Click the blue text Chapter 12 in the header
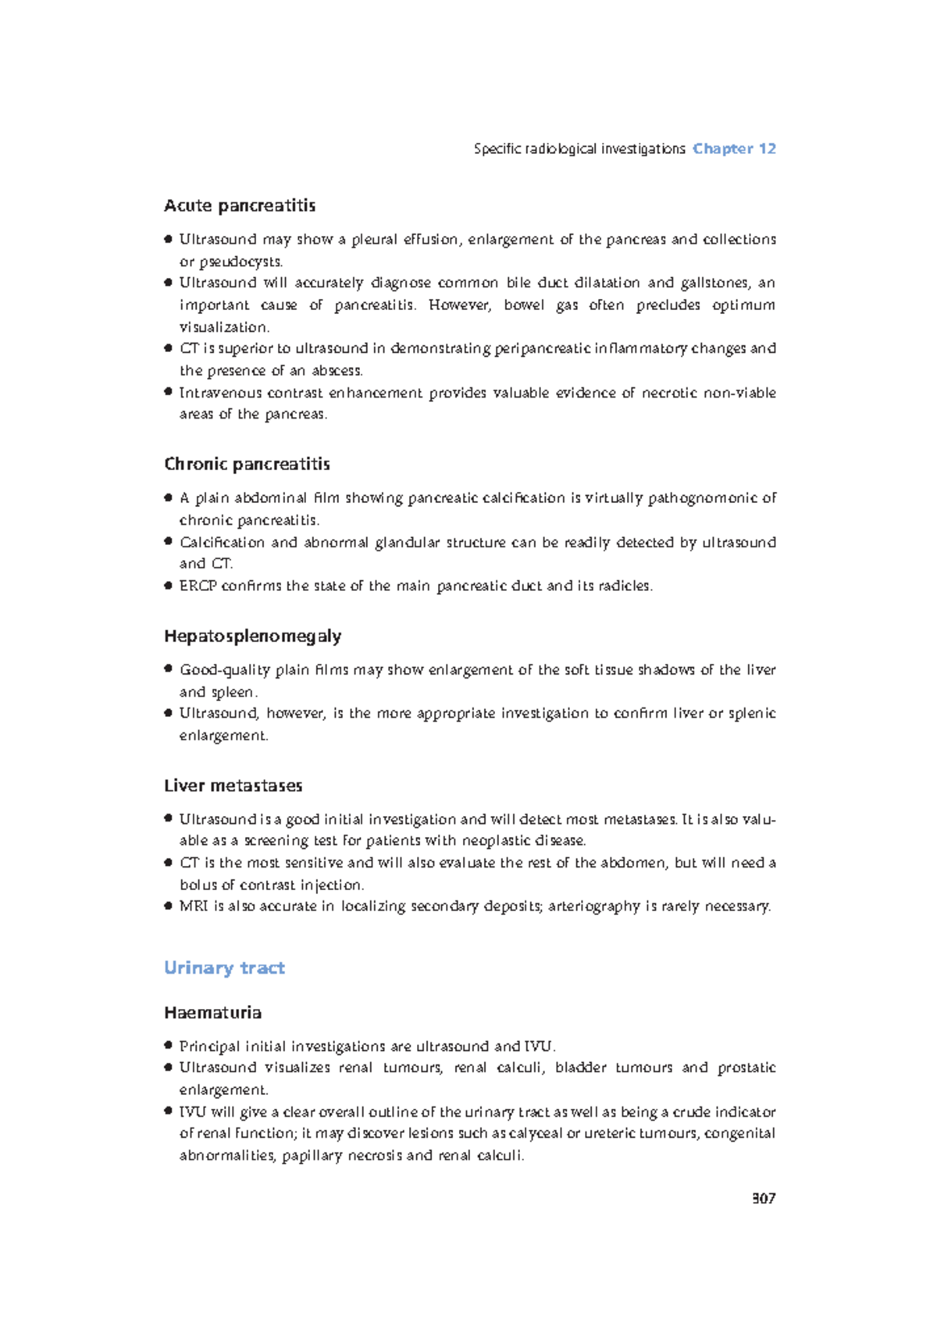[733, 148]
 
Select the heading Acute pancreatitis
[240, 205]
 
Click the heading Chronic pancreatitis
[247, 464]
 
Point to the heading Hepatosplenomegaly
[252, 636]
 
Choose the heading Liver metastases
[233, 786]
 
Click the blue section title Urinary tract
[224, 968]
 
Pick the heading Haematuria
[212, 1013]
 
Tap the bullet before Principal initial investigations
[168, 1045]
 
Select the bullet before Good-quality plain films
[168, 668]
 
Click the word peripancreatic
[542, 348]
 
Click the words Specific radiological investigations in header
[579, 148]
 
